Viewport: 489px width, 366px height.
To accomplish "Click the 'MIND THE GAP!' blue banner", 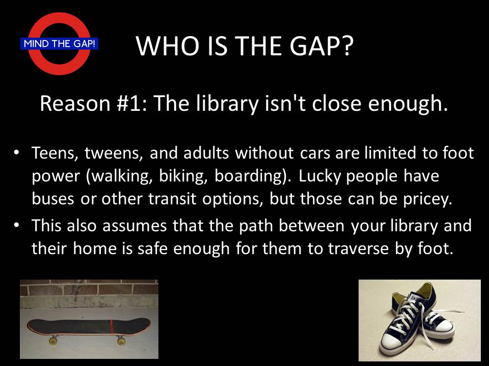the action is [59, 44].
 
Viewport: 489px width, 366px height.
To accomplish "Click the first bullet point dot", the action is [16, 153].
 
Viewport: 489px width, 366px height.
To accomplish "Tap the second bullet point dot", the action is [16, 225].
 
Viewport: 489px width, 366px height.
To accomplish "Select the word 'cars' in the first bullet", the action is [315, 154].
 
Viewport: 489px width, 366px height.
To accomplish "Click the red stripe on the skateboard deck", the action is [112, 326].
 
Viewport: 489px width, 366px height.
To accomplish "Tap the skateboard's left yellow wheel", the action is [52, 341].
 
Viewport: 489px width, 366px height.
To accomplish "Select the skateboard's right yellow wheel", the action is [121, 341].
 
